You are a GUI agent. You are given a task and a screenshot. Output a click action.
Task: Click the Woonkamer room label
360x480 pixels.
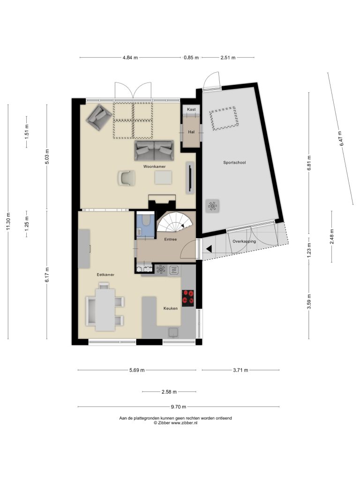click(155, 166)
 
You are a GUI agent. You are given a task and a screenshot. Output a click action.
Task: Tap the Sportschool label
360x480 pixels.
click(234, 163)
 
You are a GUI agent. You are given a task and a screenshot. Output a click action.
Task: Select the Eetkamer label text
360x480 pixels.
click(105, 275)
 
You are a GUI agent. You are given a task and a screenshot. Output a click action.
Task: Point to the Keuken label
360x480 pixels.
click(171, 308)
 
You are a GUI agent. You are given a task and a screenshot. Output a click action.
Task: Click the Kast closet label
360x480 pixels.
click(191, 109)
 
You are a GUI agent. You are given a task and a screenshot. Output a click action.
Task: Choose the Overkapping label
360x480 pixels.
click(244, 241)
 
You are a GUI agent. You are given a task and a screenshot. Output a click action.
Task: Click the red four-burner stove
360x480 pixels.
click(188, 298)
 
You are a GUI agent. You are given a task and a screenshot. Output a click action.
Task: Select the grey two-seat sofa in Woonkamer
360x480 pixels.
click(154, 150)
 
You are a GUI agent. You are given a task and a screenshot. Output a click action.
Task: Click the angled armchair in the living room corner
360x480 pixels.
click(99, 117)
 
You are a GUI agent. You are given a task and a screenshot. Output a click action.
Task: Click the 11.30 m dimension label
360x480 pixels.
click(8, 221)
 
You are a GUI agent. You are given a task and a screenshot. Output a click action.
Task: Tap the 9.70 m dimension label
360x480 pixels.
click(179, 407)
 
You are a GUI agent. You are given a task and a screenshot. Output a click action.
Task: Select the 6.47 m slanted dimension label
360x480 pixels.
click(341, 139)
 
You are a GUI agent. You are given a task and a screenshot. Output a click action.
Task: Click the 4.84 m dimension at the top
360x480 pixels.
click(130, 57)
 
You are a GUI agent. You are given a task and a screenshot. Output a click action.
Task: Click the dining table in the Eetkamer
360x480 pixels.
click(105, 310)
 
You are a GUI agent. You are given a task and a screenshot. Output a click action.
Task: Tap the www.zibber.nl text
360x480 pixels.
click(184, 422)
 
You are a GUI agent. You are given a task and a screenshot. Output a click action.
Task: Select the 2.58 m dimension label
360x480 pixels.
click(169, 391)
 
